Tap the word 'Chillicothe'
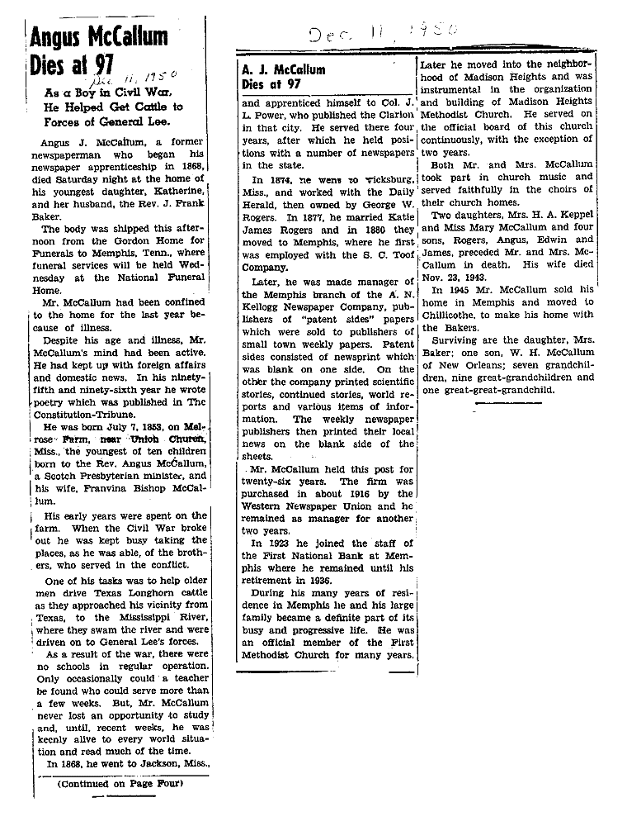[454, 315]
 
